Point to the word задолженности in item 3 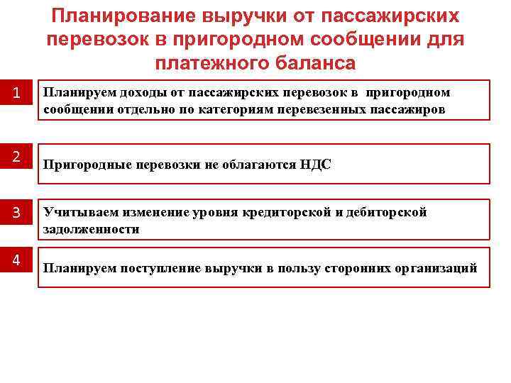coord(91,229)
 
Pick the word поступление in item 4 coord(155,268)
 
